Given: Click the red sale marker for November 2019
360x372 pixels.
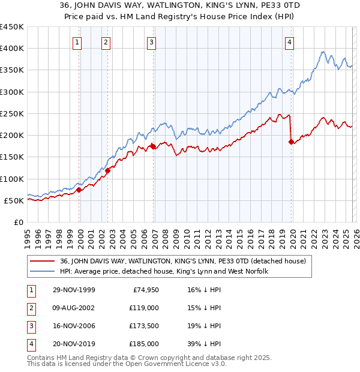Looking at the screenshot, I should (292, 142).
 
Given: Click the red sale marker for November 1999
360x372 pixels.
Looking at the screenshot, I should (79, 190).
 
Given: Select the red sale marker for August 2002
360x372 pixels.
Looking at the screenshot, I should (108, 170).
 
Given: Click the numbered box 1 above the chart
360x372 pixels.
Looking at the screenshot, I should (78, 42).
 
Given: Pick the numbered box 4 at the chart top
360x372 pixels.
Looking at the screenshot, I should (289, 42).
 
